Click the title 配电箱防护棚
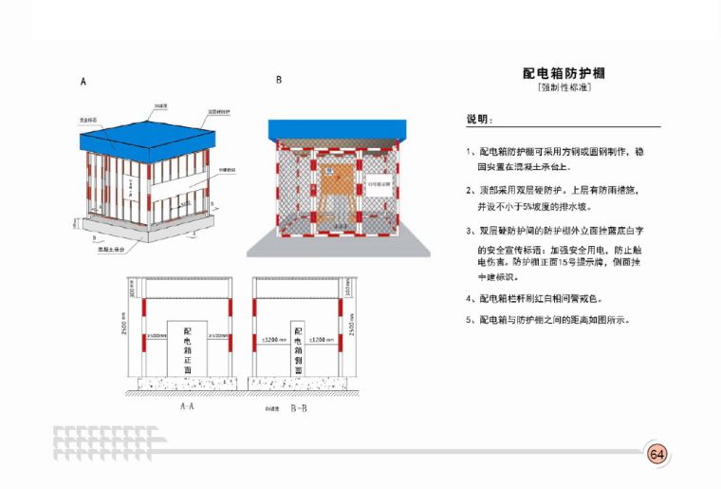[x=564, y=73]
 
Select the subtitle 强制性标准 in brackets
[x=564, y=88]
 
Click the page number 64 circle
[x=656, y=453]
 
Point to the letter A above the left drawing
[x=83, y=83]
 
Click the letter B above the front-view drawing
[x=279, y=81]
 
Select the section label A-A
[x=187, y=405]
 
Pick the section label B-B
[x=299, y=406]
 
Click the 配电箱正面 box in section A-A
[x=187, y=348]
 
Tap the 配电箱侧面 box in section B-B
[x=298, y=348]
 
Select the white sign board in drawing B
[x=377, y=180]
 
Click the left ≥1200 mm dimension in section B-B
[x=274, y=339]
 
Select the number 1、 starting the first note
[x=471, y=151]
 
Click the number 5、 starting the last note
[x=471, y=320]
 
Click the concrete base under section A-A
[x=186, y=386]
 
